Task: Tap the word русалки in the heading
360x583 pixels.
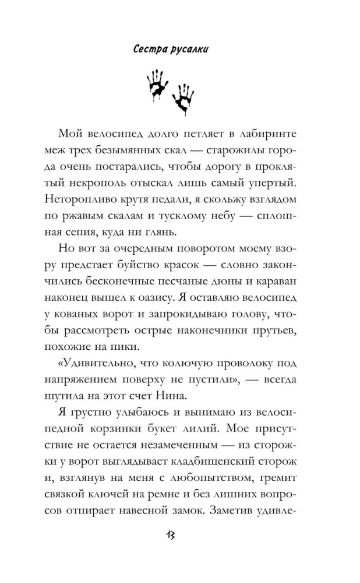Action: pos(189,50)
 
